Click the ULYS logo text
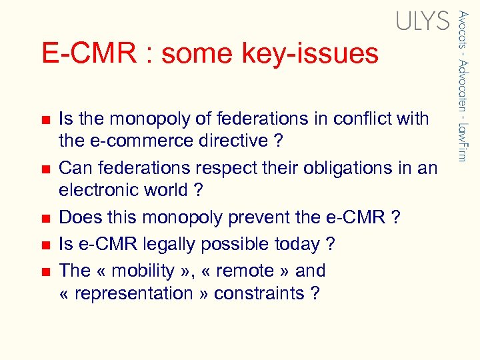coord(423,21)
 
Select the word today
coord(298,245)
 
